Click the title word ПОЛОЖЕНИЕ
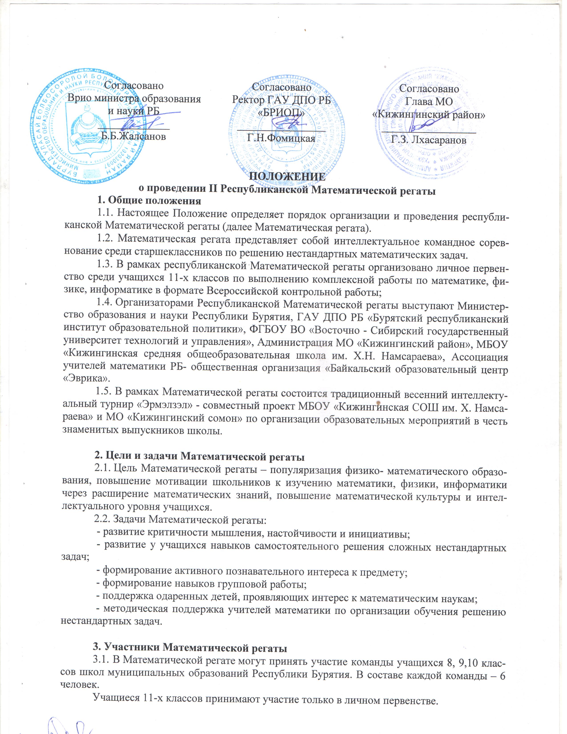pos(287,177)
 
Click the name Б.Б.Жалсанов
pos(133,136)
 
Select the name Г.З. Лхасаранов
pos(429,140)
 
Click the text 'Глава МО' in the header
pos(429,101)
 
